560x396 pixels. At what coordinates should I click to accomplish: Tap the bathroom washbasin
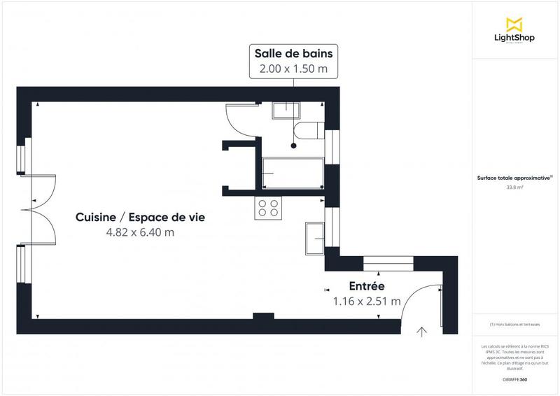coord(286,110)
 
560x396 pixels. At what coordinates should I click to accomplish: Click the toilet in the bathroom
coord(308,130)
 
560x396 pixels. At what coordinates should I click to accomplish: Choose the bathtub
coord(293,172)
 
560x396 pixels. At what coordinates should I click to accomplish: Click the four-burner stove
coord(268,207)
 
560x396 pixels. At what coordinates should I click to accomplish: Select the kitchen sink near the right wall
coord(314,239)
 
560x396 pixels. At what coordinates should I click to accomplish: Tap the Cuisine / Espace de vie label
coord(140,218)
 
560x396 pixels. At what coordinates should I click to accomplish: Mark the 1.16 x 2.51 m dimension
coord(366,302)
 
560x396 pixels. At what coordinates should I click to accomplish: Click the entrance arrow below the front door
coord(421,331)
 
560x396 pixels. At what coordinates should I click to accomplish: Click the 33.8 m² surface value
coord(516,187)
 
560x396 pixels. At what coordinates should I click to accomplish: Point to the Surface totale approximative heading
coord(514,178)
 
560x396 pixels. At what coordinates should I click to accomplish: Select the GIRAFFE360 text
coord(516,379)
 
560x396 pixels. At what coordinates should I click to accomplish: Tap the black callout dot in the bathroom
coord(293,146)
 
